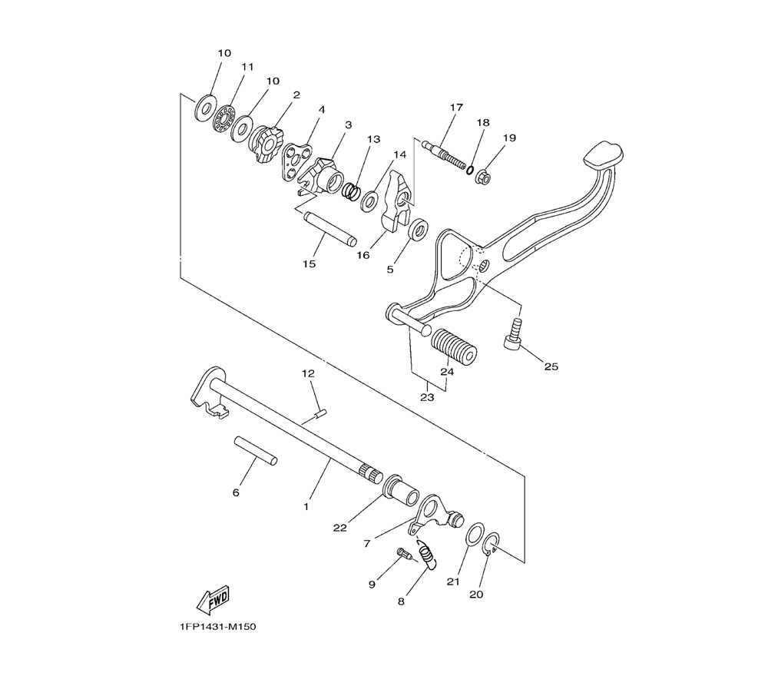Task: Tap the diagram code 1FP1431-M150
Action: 217,627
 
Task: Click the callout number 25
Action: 551,366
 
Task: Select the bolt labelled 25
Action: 511,333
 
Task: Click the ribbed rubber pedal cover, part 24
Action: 454,346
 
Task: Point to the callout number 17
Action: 456,107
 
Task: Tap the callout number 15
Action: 309,264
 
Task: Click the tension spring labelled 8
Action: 426,555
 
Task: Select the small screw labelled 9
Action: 404,553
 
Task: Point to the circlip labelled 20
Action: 491,544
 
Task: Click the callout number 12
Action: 308,374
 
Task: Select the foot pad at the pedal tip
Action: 604,154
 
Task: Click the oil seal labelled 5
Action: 419,230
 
